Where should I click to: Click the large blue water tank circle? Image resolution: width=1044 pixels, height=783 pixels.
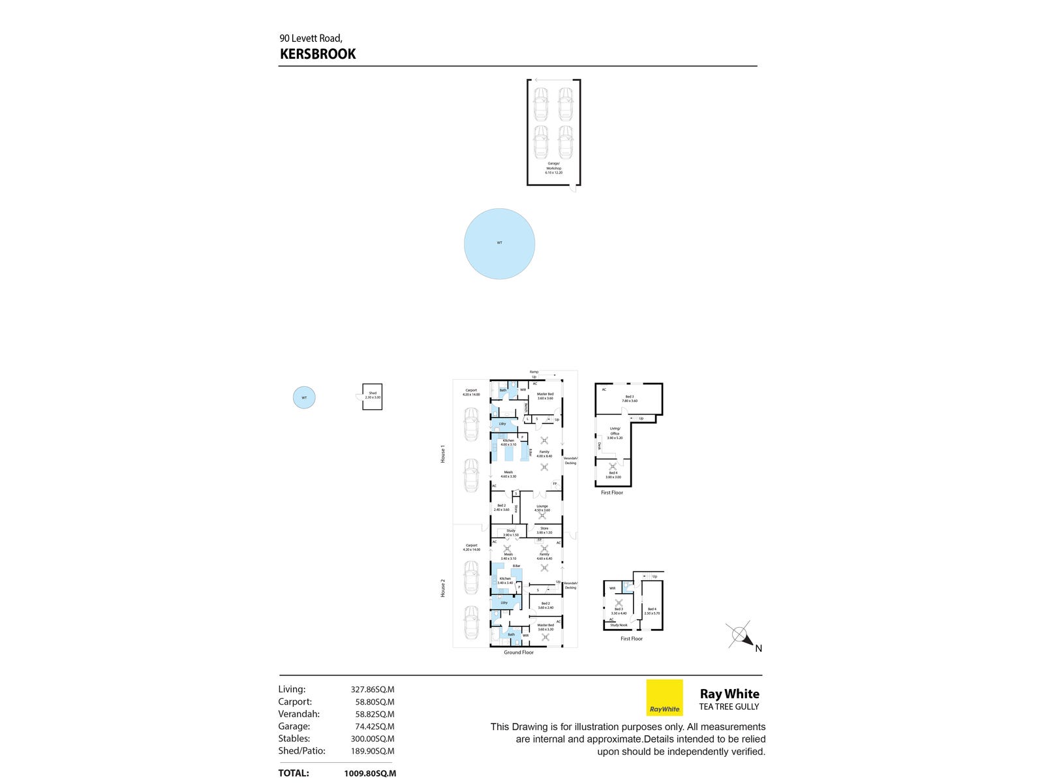tap(499, 244)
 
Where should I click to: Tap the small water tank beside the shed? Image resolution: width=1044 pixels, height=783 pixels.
tap(304, 397)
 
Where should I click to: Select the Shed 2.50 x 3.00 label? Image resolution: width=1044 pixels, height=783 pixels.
tap(373, 395)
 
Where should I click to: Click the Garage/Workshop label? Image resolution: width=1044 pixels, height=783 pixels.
tap(553, 168)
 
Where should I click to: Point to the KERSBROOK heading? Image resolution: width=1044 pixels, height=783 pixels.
tap(318, 54)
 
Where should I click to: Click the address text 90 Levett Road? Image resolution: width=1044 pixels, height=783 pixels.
tap(311, 38)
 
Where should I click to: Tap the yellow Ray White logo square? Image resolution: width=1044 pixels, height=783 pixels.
tap(664, 698)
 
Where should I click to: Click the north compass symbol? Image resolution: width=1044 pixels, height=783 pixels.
tap(741, 634)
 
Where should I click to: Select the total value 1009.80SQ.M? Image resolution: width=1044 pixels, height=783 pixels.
tap(370, 773)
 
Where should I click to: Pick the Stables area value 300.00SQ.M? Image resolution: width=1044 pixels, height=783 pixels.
tap(373, 739)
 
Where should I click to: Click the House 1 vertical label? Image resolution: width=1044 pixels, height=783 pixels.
tap(443, 454)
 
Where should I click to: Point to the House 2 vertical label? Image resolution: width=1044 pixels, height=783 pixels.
tap(443, 588)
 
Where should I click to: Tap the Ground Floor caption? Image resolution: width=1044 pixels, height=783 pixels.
tap(519, 652)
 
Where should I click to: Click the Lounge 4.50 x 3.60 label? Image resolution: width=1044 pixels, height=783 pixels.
tap(542, 508)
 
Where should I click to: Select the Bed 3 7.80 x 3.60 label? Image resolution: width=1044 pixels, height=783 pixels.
tap(629, 399)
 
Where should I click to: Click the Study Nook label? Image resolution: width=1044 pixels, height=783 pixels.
tap(619, 625)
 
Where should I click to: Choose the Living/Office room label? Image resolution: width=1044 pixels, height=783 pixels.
tap(615, 433)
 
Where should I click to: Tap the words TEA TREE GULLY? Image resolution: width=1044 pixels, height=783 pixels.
tap(729, 707)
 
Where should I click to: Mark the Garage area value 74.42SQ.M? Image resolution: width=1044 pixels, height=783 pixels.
tap(373, 726)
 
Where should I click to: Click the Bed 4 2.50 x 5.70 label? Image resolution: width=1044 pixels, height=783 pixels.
tap(652, 611)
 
